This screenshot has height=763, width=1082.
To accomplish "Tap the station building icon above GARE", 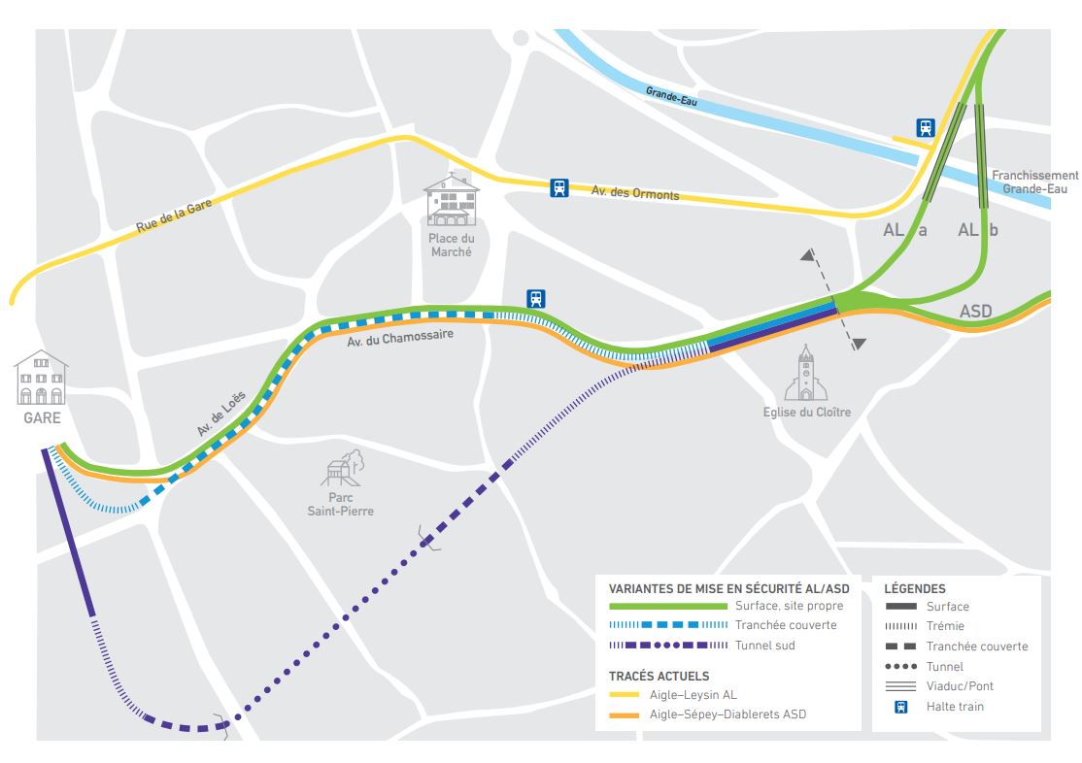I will click(41, 378).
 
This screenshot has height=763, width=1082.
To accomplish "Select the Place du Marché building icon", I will click(451, 201).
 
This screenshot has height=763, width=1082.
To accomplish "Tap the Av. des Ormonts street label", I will click(635, 193).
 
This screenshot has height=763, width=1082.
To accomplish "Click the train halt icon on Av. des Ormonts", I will click(558, 188).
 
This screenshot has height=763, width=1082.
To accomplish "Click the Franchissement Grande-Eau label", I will click(1034, 182).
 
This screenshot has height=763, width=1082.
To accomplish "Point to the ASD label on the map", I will click(975, 313).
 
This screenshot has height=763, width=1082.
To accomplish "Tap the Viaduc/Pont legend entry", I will click(960, 686).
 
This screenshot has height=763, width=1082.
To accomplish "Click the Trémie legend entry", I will click(945, 626).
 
